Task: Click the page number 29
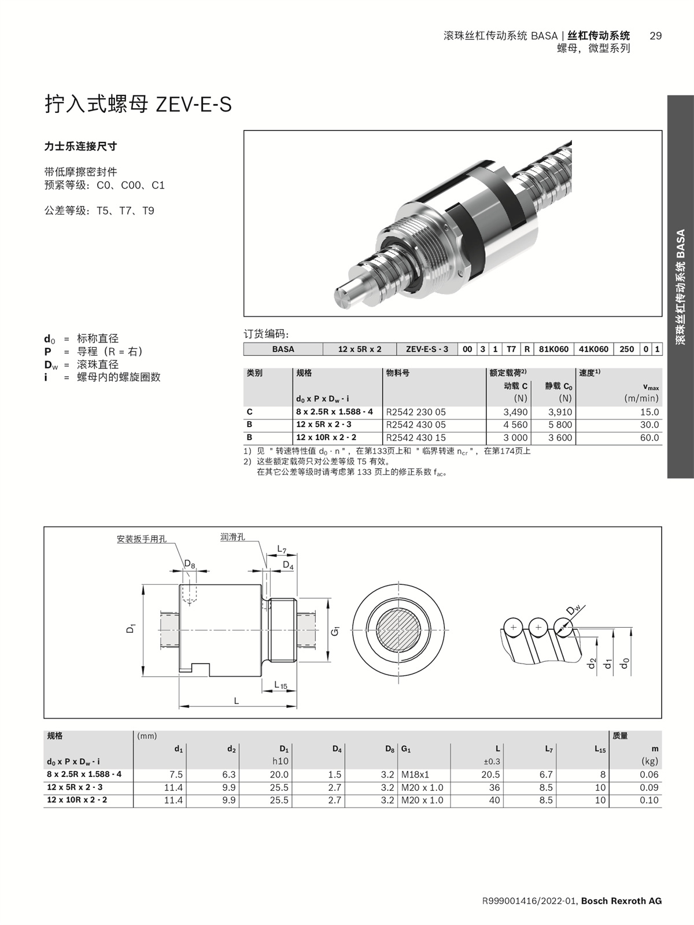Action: pos(655,36)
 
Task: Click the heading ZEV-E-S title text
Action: pos(139,105)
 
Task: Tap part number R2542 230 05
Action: pos(416,412)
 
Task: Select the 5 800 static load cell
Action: pos(560,425)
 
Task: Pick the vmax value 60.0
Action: pos(649,438)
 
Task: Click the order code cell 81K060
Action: pos(553,349)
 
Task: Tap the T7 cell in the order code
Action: pos(511,349)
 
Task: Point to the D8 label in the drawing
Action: pos(189,563)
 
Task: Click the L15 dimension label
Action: pos(280,686)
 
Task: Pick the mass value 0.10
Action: pos(649,801)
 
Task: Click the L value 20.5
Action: pos(490,775)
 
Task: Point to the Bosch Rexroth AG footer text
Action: pos(621,901)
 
